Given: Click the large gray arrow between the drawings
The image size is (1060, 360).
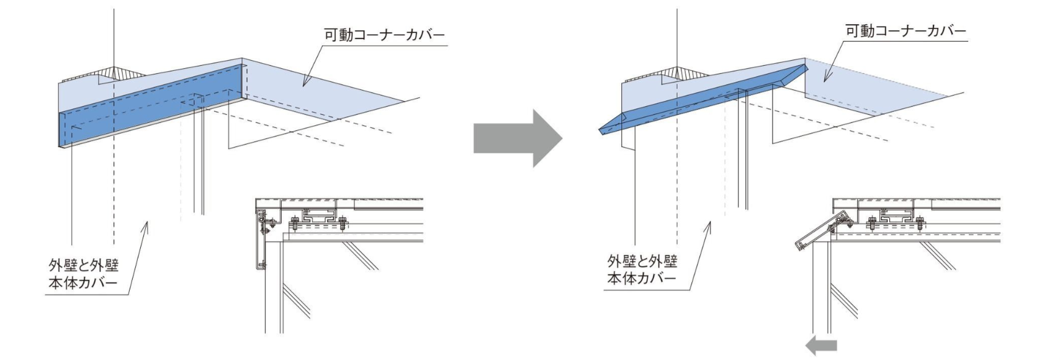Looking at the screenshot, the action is [x=518, y=138].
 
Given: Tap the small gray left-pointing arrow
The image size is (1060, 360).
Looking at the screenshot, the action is [x=821, y=346].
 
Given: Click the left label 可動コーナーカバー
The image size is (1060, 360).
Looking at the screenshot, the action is [x=384, y=36].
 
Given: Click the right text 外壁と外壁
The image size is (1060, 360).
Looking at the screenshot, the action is [x=642, y=260].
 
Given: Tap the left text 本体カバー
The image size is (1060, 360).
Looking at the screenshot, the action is [x=84, y=284].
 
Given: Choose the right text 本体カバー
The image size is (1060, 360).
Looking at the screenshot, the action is [x=642, y=279].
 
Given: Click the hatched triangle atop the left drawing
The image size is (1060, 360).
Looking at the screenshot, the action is [x=114, y=73].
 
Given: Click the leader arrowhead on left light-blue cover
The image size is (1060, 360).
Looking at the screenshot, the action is [x=304, y=83].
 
